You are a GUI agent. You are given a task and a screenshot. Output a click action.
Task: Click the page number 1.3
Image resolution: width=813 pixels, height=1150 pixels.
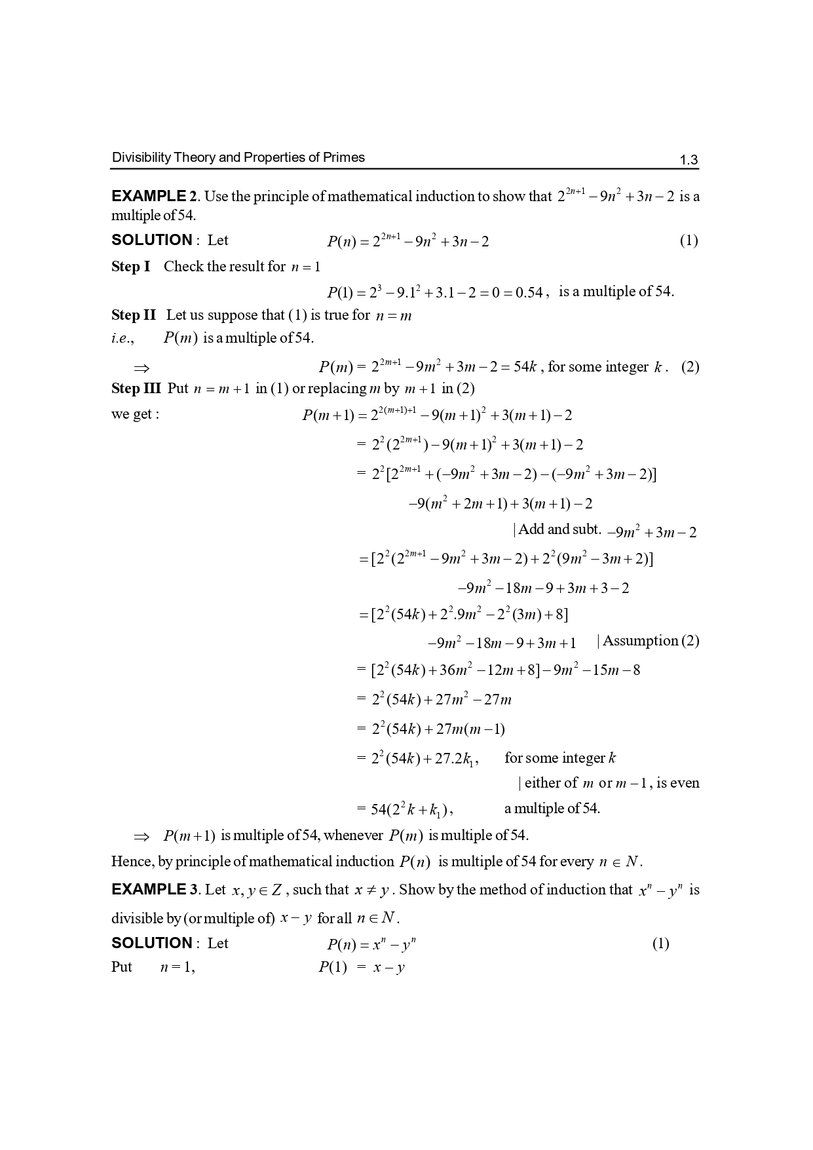[689, 160]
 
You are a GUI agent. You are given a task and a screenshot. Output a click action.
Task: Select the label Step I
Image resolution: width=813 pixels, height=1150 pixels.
[130, 266]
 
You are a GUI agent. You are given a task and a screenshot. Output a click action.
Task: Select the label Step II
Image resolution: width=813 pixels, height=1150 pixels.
[134, 315]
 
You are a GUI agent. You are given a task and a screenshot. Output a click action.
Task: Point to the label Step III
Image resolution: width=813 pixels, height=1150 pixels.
[136, 388]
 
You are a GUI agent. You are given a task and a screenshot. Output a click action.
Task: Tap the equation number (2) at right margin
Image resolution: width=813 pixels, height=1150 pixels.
[690, 366]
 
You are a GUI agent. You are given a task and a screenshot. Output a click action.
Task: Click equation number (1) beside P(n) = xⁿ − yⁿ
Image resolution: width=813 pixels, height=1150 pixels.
[660, 943]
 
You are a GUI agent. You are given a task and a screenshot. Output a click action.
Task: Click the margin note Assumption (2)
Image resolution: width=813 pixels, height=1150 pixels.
[650, 640]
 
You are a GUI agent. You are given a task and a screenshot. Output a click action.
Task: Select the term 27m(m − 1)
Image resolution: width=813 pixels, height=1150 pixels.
[470, 729]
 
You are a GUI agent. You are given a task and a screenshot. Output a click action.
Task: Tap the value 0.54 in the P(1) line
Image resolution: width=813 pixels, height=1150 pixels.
[529, 292]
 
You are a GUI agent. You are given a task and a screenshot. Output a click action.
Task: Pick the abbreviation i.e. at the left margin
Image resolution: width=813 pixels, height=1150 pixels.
[123, 338]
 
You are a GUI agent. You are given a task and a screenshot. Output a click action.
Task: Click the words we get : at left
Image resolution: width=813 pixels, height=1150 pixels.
[135, 414]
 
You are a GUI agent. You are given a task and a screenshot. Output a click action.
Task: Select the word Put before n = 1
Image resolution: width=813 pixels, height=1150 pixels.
[121, 967]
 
